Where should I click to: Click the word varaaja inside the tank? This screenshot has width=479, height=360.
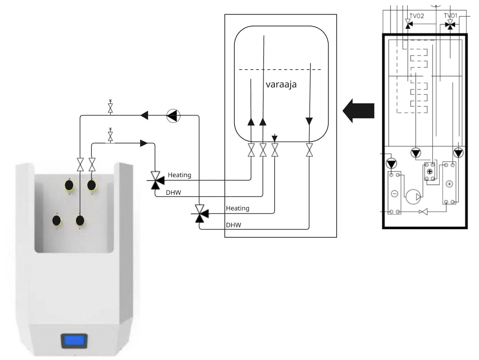tap(281, 84)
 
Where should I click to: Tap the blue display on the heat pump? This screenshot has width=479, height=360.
tap(75, 341)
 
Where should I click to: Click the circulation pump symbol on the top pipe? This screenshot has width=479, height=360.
tap(173, 115)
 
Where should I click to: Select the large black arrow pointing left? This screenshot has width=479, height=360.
tap(359, 111)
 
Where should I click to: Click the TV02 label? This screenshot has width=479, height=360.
tap(417, 16)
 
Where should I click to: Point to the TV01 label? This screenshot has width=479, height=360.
tap(451, 16)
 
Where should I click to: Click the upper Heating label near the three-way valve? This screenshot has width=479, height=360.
tap(180, 175)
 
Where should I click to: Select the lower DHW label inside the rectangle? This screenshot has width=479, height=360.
tap(233, 225)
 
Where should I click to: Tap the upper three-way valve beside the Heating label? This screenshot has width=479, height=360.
tap(155, 180)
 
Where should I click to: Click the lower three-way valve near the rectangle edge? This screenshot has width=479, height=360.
tap(200, 213)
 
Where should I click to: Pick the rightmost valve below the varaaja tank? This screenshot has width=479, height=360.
tap(309, 150)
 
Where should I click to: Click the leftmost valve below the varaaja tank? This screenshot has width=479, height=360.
tap(251, 150)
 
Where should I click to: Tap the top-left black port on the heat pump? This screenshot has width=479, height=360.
tap(69, 185)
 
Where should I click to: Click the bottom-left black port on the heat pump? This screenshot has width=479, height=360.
tap(56, 220)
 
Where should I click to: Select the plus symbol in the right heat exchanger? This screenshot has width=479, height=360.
tap(449, 184)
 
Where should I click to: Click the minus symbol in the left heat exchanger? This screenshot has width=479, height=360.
tap(394, 193)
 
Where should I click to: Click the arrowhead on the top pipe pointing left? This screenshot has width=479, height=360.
tap(144, 115)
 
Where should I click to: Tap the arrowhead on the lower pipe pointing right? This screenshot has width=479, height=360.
tap(144, 143)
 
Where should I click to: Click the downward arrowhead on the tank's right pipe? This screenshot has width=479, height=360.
tap(309, 121)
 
